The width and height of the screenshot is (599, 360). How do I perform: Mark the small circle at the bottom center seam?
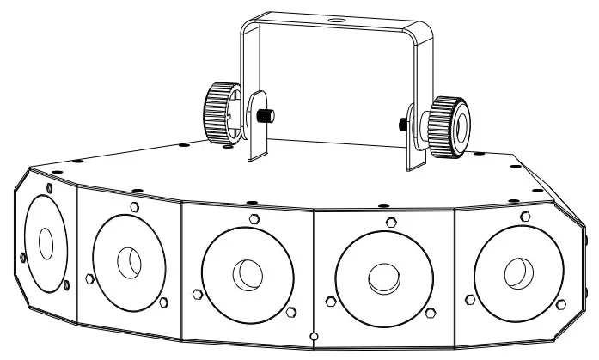[315, 335]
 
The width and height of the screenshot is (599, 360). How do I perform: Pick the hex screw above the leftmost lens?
[50, 187]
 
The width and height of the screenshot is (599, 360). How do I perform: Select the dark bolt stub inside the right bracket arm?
[402, 123]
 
